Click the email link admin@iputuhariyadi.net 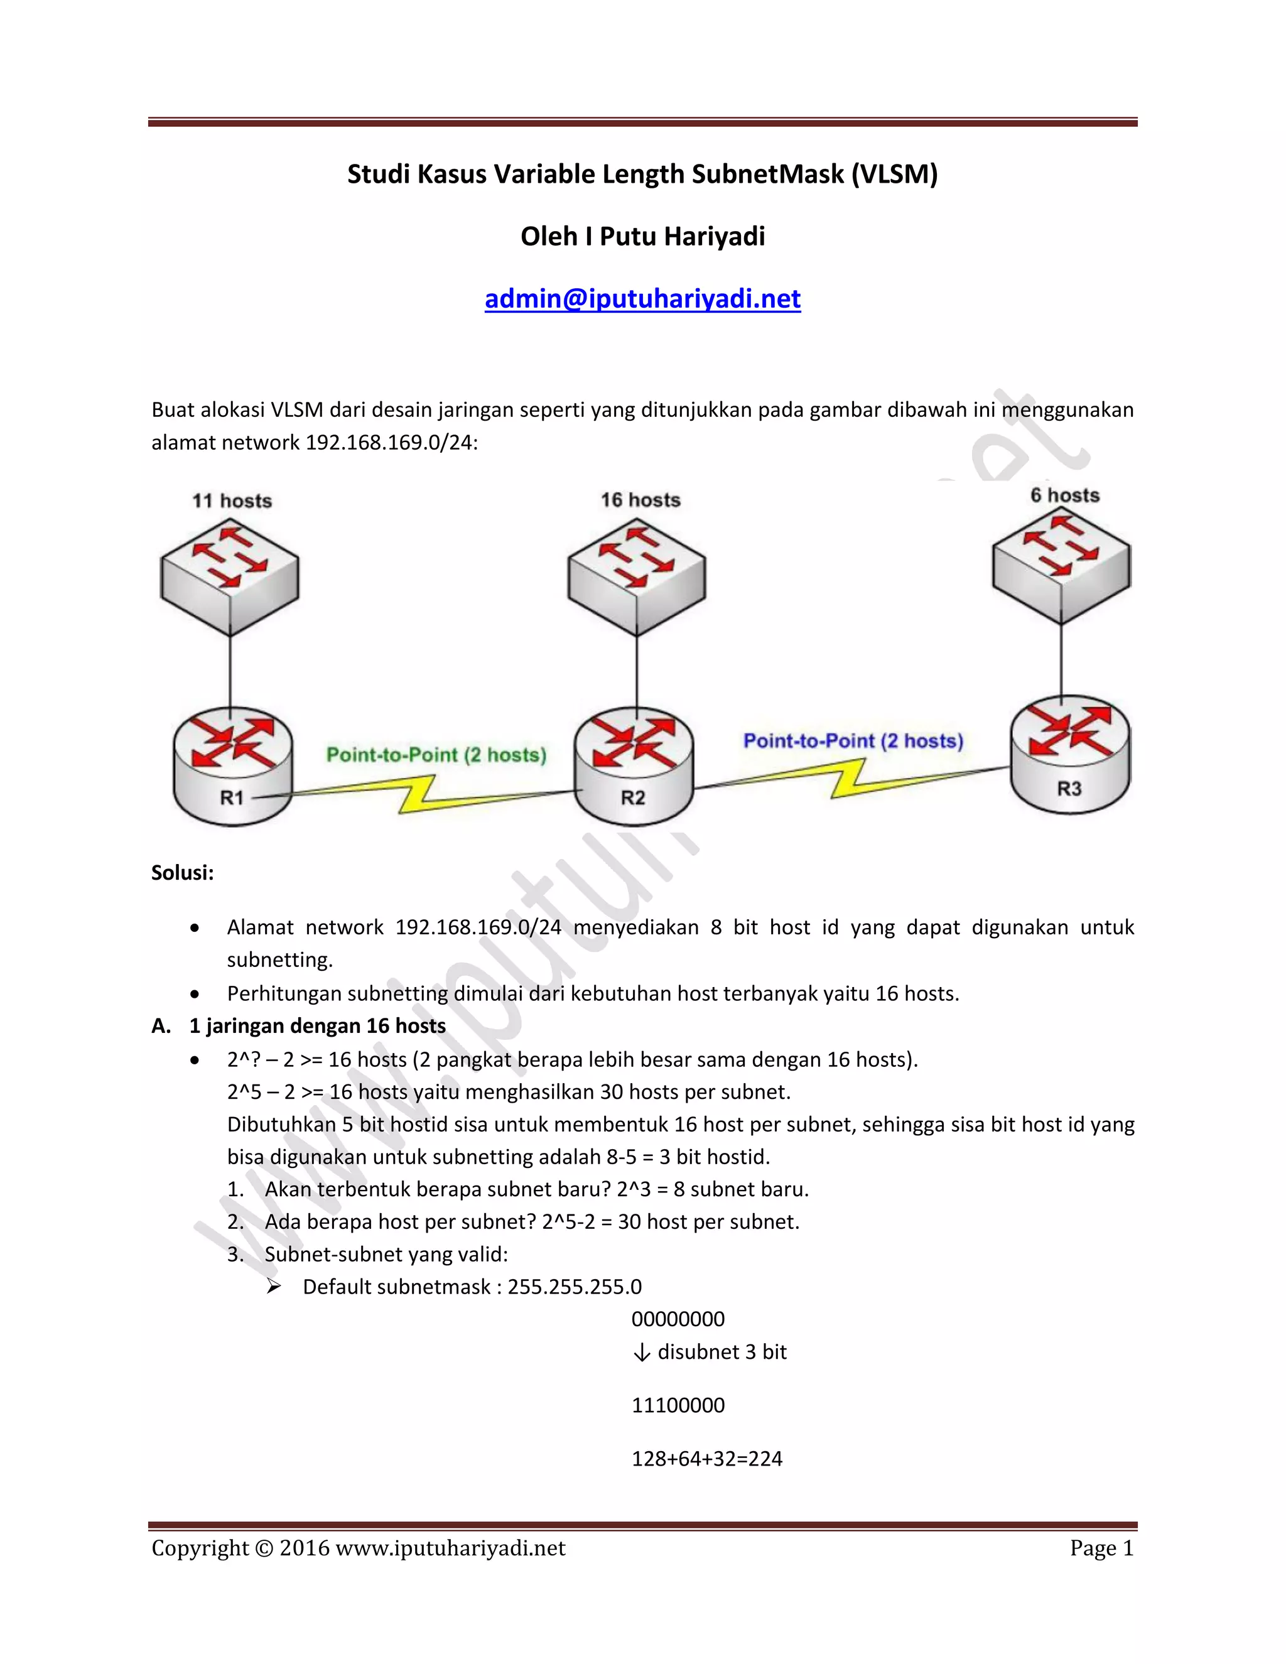(642, 299)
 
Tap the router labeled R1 (232, 765)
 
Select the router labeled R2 (634, 765)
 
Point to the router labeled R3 (1071, 754)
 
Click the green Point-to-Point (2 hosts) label (436, 755)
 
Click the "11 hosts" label (232, 500)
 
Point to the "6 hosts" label (1065, 495)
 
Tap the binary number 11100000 (678, 1405)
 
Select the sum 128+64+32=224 (707, 1458)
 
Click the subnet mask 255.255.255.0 (575, 1287)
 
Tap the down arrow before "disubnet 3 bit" (642, 1353)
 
